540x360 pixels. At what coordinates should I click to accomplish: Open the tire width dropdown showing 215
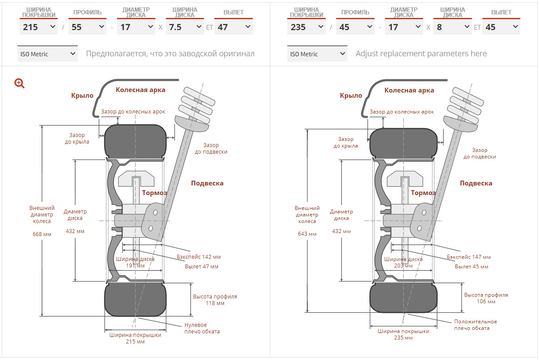click(38, 27)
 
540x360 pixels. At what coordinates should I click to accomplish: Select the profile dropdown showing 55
click(87, 27)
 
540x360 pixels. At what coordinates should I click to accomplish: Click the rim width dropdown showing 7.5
click(185, 27)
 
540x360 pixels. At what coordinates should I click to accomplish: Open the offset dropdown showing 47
click(234, 27)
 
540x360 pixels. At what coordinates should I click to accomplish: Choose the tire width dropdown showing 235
click(306, 27)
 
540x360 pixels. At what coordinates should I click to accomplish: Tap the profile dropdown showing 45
click(355, 27)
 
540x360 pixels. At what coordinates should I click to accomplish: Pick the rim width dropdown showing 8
click(453, 27)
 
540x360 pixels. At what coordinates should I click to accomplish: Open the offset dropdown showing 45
click(502, 27)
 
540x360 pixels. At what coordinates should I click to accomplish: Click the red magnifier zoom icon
click(19, 83)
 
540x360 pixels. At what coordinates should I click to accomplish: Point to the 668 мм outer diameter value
click(42, 234)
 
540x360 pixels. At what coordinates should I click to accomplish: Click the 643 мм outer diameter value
click(307, 234)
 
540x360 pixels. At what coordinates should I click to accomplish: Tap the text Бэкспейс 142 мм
click(199, 257)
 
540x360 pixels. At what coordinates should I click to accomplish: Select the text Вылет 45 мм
click(471, 267)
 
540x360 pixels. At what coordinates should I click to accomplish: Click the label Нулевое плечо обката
click(202, 328)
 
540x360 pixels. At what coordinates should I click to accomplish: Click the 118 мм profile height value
click(215, 303)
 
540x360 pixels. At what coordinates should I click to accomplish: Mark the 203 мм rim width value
click(403, 266)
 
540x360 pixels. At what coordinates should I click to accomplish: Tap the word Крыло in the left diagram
click(82, 96)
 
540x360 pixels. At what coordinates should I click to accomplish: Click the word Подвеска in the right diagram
click(476, 183)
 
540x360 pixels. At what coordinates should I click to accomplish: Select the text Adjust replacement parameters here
click(421, 54)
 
